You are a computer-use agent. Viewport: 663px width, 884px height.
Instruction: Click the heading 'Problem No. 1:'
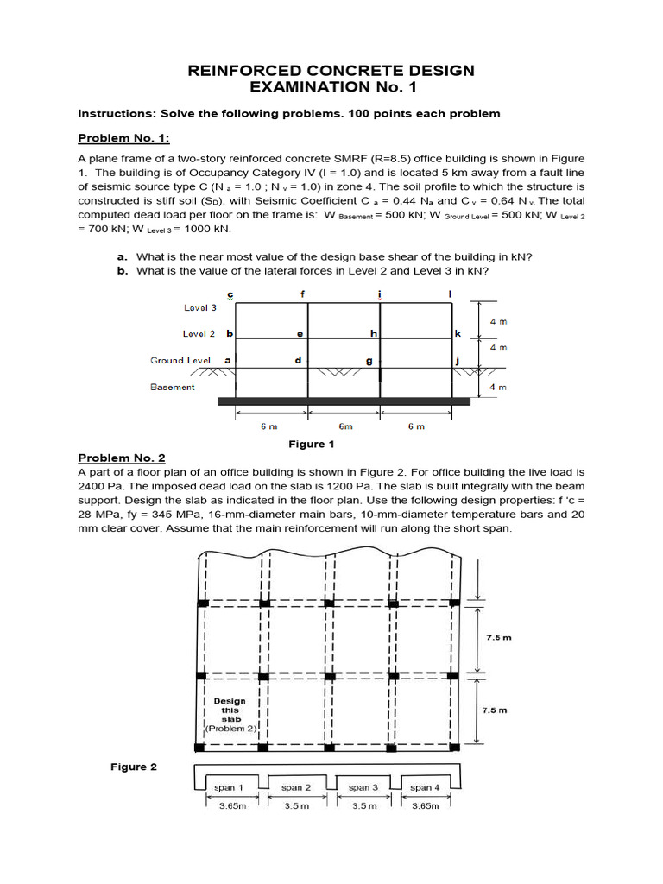pos(124,138)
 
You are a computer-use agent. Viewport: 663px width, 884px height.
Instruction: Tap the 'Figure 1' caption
pos(310,444)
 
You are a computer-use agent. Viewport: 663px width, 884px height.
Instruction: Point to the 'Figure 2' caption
pos(133,767)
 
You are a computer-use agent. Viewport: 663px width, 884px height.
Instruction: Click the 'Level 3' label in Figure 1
pos(200,307)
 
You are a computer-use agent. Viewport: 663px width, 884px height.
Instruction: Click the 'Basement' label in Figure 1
pos(173,387)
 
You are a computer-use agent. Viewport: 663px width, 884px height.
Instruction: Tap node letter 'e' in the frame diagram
pos(300,332)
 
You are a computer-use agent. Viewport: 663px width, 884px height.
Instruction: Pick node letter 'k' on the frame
pos(458,332)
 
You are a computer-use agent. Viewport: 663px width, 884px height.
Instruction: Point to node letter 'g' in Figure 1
pos(369,360)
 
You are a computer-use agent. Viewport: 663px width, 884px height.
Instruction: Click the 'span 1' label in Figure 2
pos(228,787)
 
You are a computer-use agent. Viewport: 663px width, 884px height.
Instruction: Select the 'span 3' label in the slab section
pos(363,787)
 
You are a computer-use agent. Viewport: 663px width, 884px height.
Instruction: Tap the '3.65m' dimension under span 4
pos(425,806)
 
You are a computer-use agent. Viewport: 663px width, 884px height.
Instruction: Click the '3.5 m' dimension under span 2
pos(295,806)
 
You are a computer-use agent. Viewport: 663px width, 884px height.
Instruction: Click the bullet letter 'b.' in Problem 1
pos(122,270)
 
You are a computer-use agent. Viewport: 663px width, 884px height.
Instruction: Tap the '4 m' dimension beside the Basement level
pos(498,388)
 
